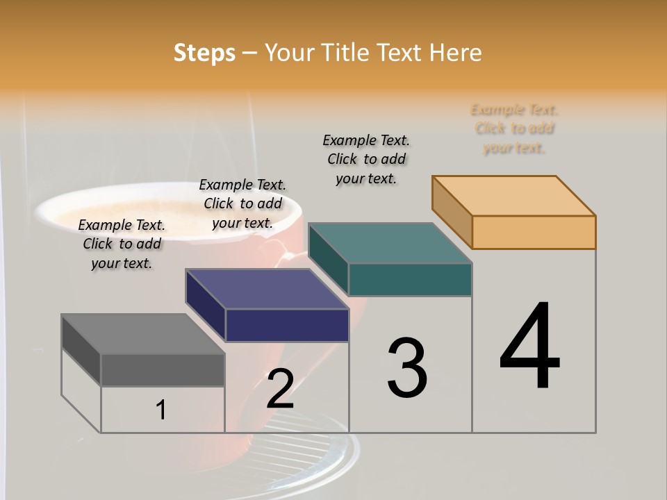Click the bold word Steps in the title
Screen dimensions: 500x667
[x=204, y=53]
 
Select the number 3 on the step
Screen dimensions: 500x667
[x=406, y=368]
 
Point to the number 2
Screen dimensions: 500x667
[x=280, y=389]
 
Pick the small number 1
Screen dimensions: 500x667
[x=161, y=410]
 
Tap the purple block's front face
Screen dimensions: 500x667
[x=287, y=325]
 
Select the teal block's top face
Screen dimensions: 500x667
[x=390, y=243]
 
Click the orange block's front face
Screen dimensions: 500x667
[x=534, y=232]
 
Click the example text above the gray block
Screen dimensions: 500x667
[x=122, y=244]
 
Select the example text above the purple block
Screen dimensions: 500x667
[x=242, y=203]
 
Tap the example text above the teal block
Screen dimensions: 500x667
[x=366, y=159]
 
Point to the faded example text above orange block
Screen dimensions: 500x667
[x=514, y=128]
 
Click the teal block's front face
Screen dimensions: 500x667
[x=410, y=279]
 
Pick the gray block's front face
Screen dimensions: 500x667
[x=163, y=369]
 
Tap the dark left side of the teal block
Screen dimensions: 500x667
[x=328, y=258]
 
